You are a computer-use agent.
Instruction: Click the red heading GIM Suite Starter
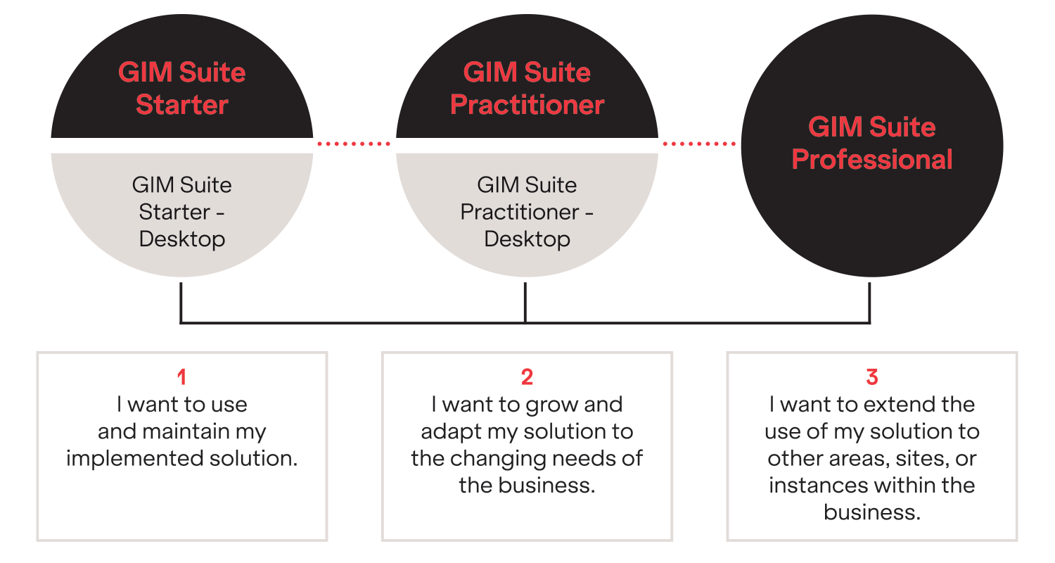(x=181, y=89)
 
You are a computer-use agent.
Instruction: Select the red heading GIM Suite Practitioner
(x=527, y=89)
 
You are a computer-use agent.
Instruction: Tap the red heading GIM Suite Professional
(x=872, y=144)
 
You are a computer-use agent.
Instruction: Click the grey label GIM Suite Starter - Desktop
(x=181, y=212)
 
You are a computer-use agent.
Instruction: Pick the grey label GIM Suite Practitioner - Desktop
(x=527, y=212)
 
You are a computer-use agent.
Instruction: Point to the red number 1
(x=181, y=378)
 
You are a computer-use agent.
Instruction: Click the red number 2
(x=527, y=378)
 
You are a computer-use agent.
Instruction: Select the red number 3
(x=872, y=378)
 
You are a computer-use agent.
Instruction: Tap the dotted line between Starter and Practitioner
(x=354, y=144)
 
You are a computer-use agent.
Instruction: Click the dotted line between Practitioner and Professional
(x=699, y=144)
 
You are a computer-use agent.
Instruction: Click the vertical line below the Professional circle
(x=870, y=303)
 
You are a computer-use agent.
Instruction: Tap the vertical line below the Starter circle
(x=181, y=303)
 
